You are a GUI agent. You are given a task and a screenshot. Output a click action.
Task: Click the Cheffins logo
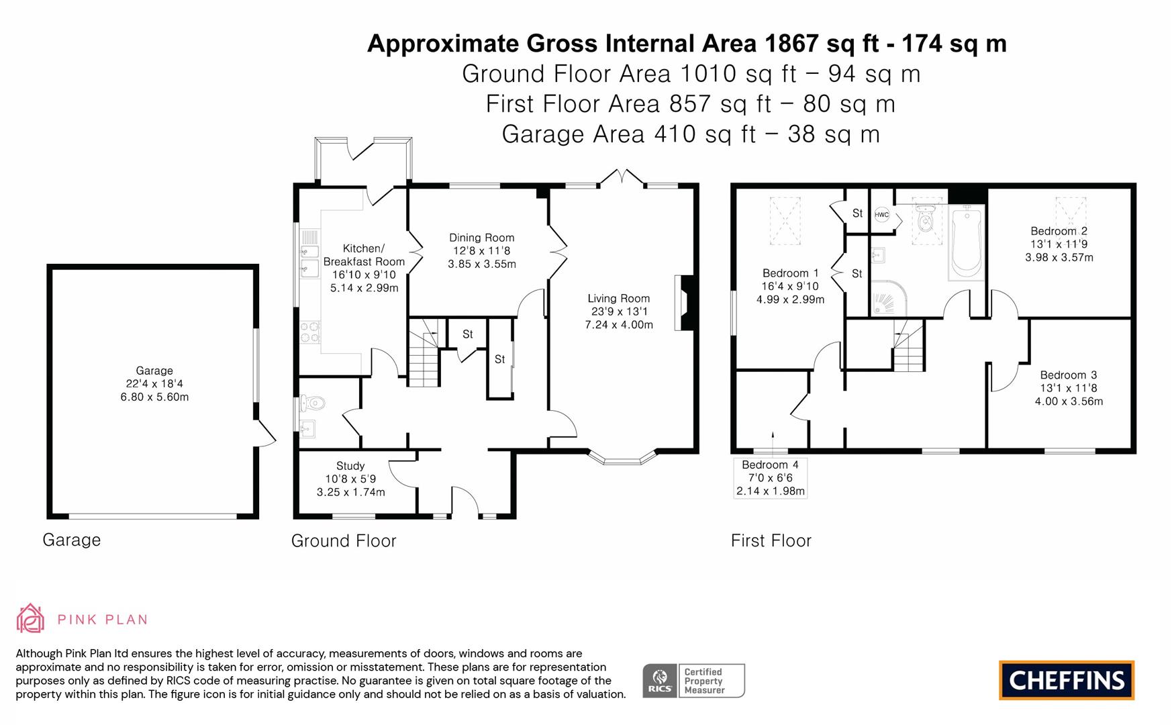1066,680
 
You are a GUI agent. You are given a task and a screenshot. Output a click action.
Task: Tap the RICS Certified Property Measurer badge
693,681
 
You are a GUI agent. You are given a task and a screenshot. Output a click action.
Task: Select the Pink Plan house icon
30,618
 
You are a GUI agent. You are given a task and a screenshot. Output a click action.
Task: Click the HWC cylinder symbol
881,215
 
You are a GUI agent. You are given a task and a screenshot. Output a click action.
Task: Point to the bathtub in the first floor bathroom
967,243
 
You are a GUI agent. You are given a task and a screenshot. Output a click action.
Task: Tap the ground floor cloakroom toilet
313,403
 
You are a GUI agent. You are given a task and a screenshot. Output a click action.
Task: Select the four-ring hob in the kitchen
309,332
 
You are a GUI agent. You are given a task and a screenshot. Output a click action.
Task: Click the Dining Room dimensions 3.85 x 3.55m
481,264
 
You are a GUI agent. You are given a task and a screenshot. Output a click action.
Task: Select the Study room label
350,466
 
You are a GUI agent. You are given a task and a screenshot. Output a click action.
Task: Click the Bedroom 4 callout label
770,477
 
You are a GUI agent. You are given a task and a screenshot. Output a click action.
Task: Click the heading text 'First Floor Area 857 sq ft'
690,104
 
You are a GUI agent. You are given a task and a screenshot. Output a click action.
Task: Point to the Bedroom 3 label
1068,375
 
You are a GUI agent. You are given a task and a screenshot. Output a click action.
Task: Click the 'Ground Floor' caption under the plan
344,540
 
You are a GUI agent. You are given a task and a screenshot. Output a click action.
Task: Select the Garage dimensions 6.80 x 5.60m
154,397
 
